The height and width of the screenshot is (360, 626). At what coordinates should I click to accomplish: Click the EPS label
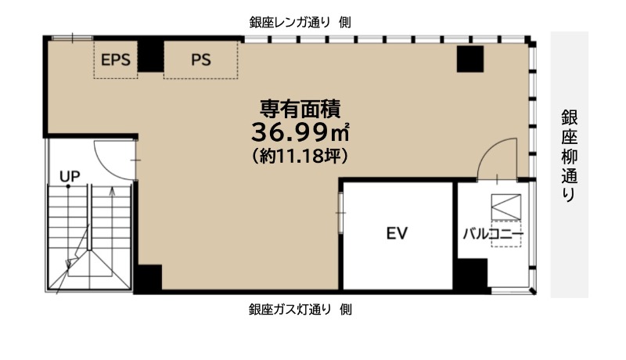click(115, 59)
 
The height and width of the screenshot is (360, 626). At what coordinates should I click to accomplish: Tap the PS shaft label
click(201, 59)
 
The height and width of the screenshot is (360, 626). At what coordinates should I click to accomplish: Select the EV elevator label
click(397, 233)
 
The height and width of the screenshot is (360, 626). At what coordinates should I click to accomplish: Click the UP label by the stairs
click(70, 176)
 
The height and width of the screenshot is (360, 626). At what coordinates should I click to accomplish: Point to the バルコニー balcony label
click(493, 234)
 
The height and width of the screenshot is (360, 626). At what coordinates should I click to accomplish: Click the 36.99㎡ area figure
click(300, 132)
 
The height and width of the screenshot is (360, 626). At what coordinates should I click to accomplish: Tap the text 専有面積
click(300, 108)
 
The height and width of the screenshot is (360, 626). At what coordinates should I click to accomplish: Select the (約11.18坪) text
click(300, 156)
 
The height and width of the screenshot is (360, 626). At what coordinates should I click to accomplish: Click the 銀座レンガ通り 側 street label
click(300, 23)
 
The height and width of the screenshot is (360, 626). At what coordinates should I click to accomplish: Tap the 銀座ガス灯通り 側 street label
click(300, 309)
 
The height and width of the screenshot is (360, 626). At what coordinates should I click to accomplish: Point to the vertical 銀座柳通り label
click(570, 156)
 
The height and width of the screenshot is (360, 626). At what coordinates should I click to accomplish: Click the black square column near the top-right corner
click(470, 59)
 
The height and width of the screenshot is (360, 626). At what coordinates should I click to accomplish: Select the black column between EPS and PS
click(150, 56)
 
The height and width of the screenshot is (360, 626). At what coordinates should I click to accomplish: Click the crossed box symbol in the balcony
click(505, 207)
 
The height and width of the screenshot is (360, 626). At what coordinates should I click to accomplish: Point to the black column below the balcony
click(473, 275)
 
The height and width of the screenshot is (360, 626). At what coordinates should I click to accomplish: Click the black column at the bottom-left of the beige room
click(148, 279)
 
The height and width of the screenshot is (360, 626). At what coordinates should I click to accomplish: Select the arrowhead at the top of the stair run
click(112, 191)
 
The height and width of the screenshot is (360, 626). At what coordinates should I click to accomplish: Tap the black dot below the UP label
click(68, 186)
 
